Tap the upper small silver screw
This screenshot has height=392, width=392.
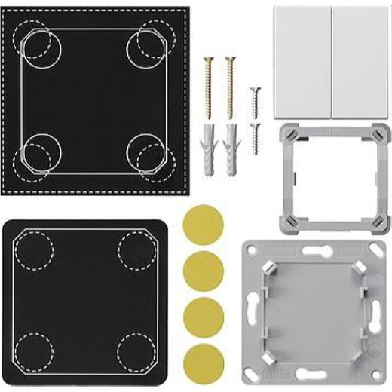[255, 99]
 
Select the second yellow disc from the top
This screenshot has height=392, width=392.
[204, 270]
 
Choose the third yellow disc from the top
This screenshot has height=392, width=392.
[204, 316]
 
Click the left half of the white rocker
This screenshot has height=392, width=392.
[302, 62]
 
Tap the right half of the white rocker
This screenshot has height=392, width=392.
[361, 62]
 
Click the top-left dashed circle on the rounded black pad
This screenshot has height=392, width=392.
[34, 249]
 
